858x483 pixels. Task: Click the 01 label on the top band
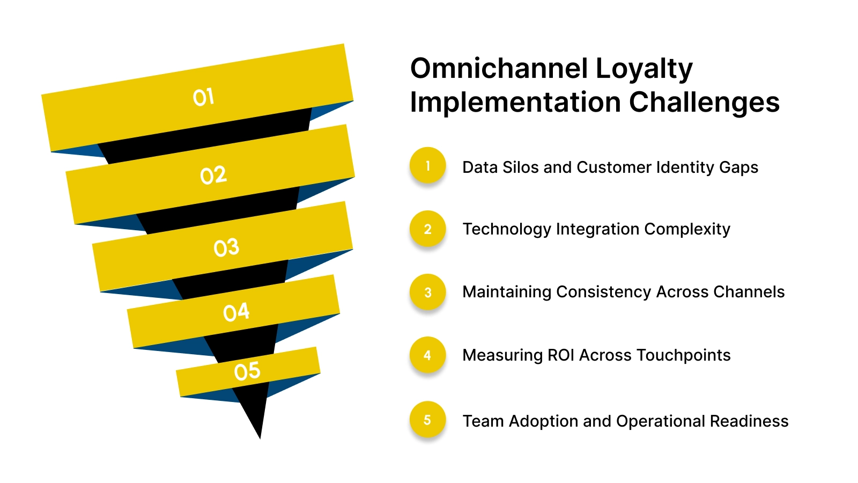(x=204, y=97)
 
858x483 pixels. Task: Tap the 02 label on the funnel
(x=213, y=175)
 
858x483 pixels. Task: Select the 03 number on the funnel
(x=226, y=247)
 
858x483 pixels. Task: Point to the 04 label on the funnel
(x=236, y=312)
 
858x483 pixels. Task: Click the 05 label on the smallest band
(x=247, y=371)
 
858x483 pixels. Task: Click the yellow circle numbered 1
(x=427, y=165)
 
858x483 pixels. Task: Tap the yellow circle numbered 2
(x=427, y=229)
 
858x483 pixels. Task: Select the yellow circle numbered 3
(x=427, y=292)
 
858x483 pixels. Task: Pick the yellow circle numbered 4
(x=427, y=355)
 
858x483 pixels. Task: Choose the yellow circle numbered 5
(x=427, y=419)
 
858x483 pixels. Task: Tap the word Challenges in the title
(x=704, y=103)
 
